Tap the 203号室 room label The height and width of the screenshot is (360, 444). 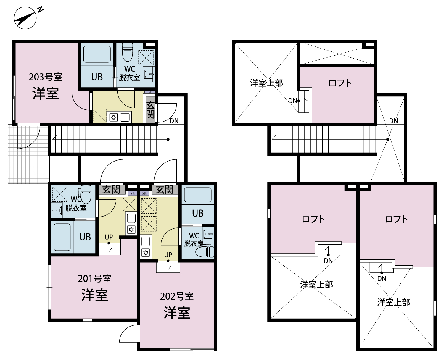[46, 77]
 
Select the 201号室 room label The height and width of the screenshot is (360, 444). [95, 279]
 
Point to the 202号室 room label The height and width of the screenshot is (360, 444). [177, 296]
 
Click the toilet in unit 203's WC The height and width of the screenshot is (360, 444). [127, 52]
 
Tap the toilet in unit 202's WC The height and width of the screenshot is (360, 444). [205, 252]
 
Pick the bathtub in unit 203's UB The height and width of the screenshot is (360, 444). [97, 54]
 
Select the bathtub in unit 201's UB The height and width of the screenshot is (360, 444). [62, 237]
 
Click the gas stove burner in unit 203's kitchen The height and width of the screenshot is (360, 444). [113, 117]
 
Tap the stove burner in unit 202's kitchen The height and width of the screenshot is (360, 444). [146, 253]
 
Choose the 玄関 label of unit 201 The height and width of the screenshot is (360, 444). [111, 190]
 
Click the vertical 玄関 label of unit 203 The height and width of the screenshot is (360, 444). [150, 109]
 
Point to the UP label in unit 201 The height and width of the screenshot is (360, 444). [109, 237]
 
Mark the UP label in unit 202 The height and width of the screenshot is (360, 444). [168, 255]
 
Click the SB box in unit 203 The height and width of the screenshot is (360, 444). [150, 92]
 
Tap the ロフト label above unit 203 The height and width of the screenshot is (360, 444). [340, 83]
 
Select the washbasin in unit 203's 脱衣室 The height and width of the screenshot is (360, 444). [149, 74]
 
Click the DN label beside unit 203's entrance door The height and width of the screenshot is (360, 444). [174, 121]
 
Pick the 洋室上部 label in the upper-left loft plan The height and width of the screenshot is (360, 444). [266, 83]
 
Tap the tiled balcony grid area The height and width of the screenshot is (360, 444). [28, 154]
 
